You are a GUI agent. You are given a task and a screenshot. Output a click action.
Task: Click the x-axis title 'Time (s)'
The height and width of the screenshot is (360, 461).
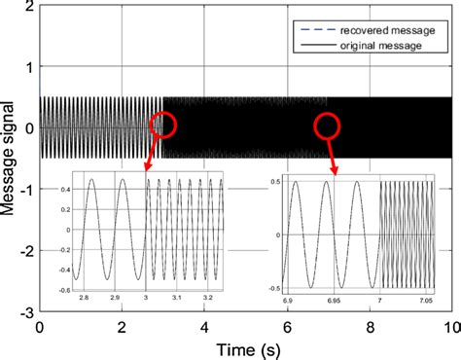[243, 346]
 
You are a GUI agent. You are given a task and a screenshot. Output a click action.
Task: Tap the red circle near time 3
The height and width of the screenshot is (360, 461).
[163, 124]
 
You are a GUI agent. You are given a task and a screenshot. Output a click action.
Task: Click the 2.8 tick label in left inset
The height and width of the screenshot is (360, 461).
[84, 295]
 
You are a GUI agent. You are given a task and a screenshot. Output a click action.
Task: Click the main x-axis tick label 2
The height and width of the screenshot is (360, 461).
[121, 328]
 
